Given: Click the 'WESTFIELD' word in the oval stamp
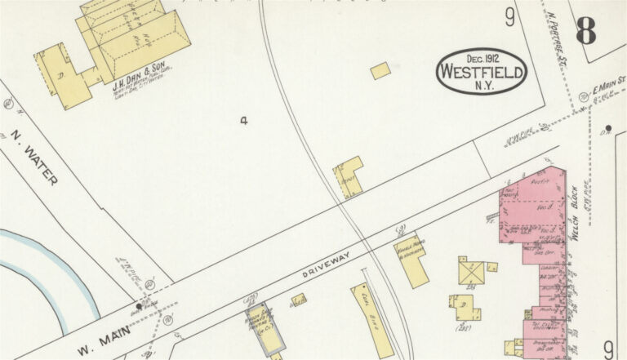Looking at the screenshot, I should click(482, 71).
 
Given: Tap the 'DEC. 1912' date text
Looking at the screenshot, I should click(482, 58).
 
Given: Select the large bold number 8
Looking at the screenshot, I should click(585, 30).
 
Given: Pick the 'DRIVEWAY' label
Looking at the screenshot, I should click(327, 267).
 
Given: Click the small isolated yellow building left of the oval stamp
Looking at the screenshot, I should click(380, 71).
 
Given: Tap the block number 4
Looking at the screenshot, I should click(243, 121).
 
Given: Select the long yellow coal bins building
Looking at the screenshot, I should click(372, 319).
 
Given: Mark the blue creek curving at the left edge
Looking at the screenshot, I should click(49, 269).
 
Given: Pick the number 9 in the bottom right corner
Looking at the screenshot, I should click(608, 347).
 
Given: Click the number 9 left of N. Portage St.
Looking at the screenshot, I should click(510, 16).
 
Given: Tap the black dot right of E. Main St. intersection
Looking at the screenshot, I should click(608, 129).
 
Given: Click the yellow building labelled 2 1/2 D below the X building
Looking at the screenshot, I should click(465, 307).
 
